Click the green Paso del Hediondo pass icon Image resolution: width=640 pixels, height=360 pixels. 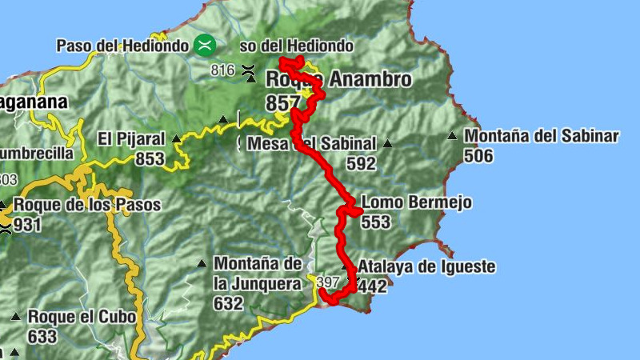(206, 44)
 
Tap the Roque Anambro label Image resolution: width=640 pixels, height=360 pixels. (338, 79)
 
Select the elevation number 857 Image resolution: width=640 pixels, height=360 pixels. (284, 102)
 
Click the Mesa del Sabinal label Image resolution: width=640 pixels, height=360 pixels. (312, 144)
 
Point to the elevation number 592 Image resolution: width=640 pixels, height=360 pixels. (361, 163)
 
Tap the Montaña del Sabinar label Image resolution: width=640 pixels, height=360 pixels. (542, 136)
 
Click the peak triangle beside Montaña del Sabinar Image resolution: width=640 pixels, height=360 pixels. (454, 136)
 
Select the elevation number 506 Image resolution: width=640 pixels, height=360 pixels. (478, 155)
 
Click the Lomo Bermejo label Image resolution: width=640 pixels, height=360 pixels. (416, 202)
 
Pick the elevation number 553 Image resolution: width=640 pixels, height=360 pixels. (375, 222)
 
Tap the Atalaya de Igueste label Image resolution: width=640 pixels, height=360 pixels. (426, 266)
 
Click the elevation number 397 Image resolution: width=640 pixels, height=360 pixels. (328, 282)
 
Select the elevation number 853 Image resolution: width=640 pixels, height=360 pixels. (150, 158)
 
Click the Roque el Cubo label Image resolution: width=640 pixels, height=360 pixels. (82, 317)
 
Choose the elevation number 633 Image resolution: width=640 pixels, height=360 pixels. (42, 336)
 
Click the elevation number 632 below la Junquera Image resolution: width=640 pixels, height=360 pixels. (228, 303)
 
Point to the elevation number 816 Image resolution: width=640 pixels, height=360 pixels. (222, 70)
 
